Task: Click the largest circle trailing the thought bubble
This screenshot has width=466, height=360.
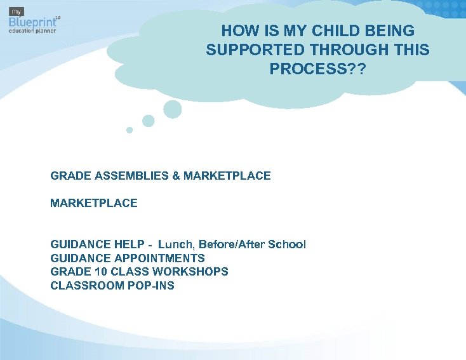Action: tap(172, 109)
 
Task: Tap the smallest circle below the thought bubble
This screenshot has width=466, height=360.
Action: tap(130, 130)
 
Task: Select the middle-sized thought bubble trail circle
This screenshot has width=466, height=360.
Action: tap(148, 121)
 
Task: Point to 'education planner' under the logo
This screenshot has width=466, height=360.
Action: tap(32, 30)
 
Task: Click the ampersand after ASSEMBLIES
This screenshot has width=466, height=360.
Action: tap(176, 175)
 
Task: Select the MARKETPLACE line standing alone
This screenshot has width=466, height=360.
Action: tap(93, 203)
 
